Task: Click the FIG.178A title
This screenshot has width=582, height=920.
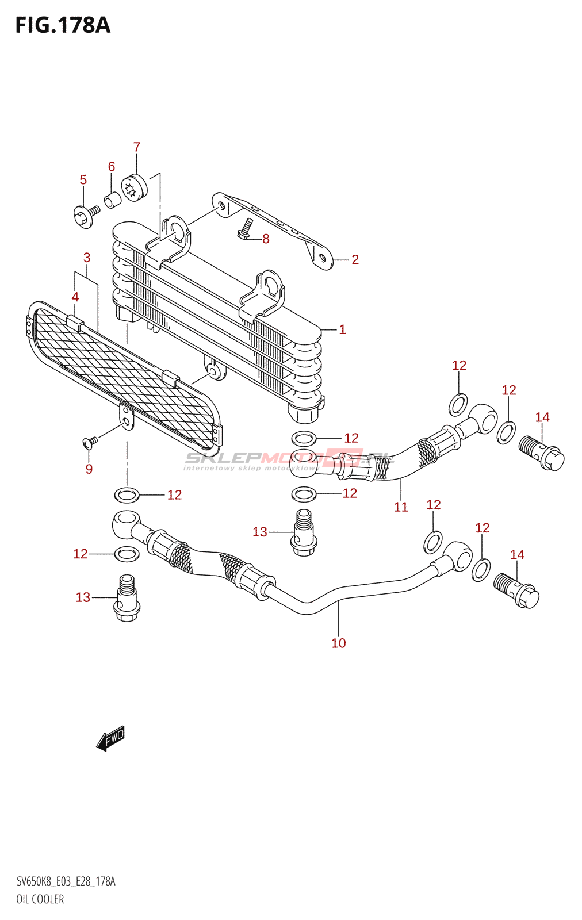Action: click(63, 25)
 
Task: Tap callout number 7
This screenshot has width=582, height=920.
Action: click(137, 147)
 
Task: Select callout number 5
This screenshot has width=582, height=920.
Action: click(83, 180)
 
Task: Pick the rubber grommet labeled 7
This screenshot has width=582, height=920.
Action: click(135, 187)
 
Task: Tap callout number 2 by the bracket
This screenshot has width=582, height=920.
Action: click(355, 260)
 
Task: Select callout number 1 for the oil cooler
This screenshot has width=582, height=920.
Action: click(342, 330)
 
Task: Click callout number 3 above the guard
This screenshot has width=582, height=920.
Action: click(87, 258)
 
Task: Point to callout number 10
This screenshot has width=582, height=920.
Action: click(339, 643)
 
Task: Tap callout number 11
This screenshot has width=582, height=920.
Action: click(401, 507)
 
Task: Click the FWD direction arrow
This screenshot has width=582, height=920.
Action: click(111, 739)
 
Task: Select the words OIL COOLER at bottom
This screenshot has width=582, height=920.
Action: click(40, 899)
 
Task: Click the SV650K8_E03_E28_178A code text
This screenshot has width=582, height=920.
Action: click(66, 881)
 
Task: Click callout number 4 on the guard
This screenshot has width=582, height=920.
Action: click(75, 297)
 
